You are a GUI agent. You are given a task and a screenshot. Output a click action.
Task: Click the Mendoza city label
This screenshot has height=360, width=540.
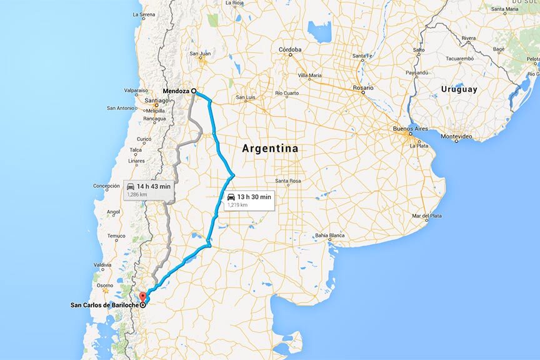176,91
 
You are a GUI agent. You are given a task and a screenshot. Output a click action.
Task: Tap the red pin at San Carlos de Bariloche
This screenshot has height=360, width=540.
141,297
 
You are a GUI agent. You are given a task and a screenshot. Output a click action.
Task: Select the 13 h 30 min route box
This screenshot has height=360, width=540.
249,201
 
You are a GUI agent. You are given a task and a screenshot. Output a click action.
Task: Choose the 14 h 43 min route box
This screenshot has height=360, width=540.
148,190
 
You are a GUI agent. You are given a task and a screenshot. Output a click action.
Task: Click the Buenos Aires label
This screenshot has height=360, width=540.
409,129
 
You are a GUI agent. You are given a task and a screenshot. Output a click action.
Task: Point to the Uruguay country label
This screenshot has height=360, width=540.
459,89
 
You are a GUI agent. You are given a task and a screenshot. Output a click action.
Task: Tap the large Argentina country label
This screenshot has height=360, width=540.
270,149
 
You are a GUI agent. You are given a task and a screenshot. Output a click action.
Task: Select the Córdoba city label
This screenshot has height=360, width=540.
290,49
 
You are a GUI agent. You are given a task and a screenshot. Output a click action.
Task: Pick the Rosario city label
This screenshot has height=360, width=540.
362,88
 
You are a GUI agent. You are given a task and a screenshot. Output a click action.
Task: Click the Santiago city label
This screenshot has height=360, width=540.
156,100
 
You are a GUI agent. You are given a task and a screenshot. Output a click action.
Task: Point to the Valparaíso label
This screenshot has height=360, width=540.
136,91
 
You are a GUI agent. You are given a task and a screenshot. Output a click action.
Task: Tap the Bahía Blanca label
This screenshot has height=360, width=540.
329,236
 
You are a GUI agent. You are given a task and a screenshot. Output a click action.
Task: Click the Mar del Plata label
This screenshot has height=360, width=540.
427,216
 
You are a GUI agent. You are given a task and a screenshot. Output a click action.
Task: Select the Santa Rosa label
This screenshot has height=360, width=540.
289,181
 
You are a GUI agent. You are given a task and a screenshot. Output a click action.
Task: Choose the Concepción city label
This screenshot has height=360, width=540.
106,186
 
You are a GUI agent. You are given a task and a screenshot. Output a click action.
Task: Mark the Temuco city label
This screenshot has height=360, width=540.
116,236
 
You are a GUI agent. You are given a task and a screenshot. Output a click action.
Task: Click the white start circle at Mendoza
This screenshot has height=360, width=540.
194,91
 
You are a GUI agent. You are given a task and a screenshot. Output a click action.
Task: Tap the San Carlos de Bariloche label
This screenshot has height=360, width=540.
104,305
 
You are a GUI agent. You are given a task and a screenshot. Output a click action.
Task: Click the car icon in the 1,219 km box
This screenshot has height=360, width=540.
231,197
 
